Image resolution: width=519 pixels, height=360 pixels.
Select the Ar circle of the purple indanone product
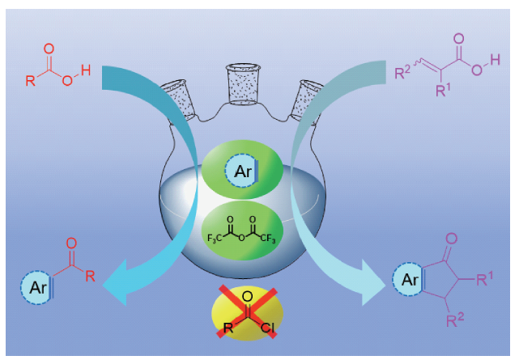point(410,282)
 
